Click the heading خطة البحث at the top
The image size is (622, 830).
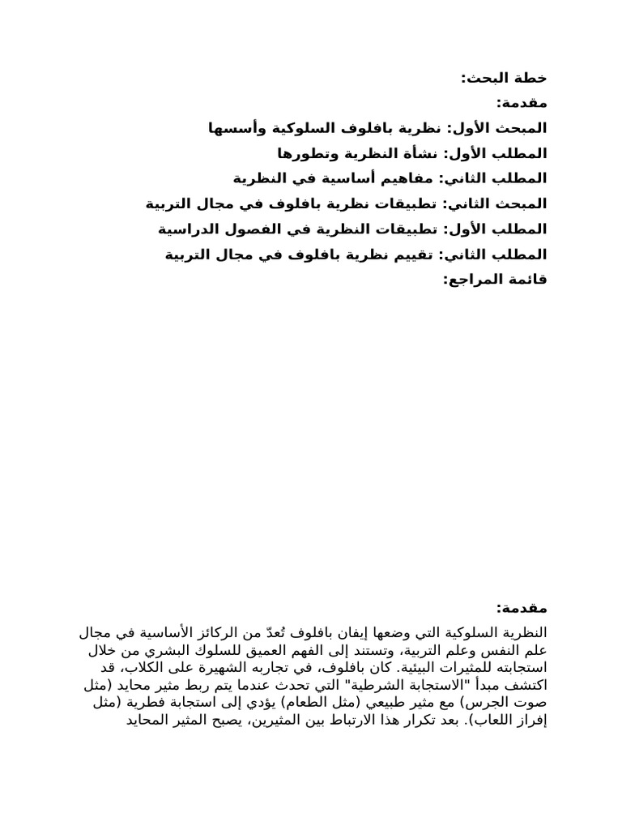504,78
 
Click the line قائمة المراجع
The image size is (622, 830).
496,280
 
